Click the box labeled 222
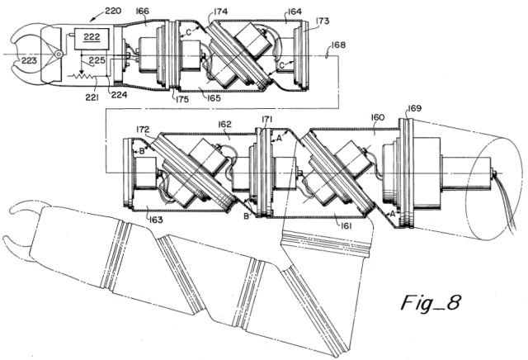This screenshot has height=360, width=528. click(92, 40)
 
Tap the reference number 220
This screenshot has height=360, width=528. click(113, 11)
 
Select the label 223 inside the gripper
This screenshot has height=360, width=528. click(29, 60)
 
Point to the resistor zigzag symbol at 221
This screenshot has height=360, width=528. click(82, 76)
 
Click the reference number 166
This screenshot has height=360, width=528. click(142, 11)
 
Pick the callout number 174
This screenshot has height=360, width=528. click(220, 12)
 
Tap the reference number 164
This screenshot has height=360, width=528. click(295, 12)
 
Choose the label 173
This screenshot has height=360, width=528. click(323, 21)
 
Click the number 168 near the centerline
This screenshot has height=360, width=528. click(338, 45)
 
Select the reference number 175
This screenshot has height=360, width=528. click(181, 100)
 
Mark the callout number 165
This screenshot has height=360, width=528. click(214, 98)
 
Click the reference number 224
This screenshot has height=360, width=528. click(119, 95)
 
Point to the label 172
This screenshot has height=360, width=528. click(143, 130)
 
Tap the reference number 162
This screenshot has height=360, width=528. click(224, 124)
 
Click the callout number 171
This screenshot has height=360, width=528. click(267, 119)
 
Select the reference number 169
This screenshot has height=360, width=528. click(414, 108)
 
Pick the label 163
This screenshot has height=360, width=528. click(156, 220)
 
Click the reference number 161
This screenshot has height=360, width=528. click(346, 225)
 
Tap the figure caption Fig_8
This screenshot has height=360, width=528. click(431, 302)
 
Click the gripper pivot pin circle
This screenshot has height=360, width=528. click(59, 54)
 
